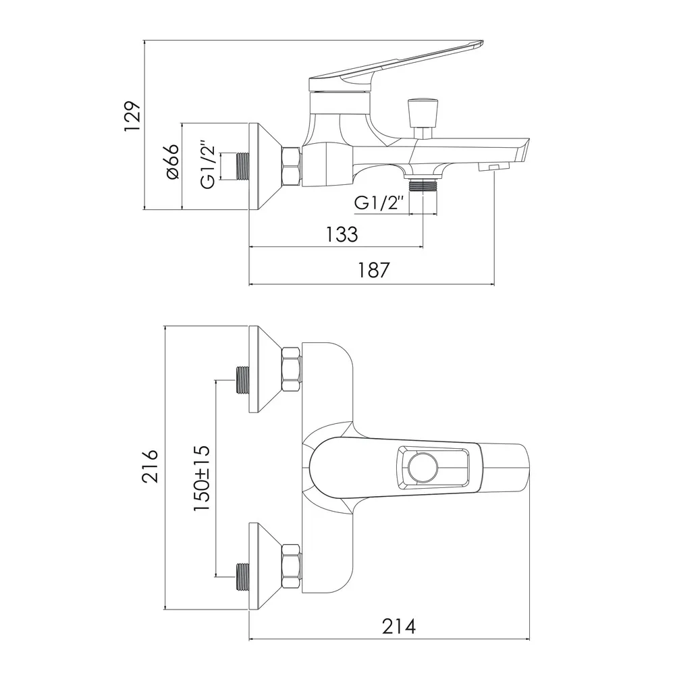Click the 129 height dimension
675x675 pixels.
tap(132, 116)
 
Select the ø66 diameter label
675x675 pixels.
tap(171, 162)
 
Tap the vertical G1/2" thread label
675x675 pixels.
tap(208, 164)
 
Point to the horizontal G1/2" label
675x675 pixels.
tap(379, 202)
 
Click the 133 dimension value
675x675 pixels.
tap(342, 234)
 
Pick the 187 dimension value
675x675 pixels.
tap(374, 271)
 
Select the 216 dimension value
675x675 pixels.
tap(151, 466)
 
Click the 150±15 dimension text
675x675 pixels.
tap(201, 478)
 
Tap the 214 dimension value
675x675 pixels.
tap(399, 626)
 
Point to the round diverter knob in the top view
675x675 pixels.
tap(423, 468)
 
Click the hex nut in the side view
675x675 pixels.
tap(291, 167)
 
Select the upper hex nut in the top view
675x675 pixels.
tap(291, 369)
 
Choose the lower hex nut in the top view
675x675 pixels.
tap(291, 566)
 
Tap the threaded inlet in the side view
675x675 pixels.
tap(242, 166)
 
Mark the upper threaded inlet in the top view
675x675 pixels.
tap(242, 380)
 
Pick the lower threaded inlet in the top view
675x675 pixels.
tap(242, 576)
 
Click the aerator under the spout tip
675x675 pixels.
tap(494, 166)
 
